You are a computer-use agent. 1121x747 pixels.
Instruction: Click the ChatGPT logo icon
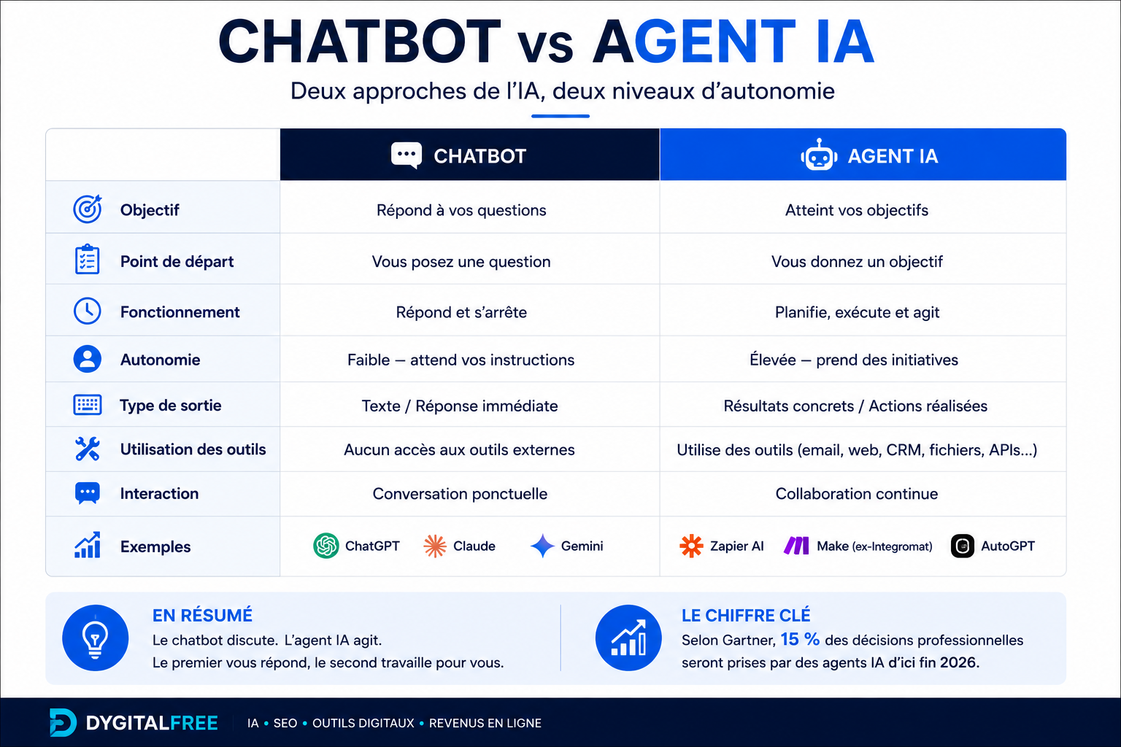tap(325, 546)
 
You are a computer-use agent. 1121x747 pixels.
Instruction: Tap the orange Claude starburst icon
tap(435, 546)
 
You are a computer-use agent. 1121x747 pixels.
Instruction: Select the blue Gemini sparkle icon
tap(542, 546)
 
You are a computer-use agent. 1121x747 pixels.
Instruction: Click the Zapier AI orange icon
tap(691, 546)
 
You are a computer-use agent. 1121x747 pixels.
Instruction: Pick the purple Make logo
tap(796, 546)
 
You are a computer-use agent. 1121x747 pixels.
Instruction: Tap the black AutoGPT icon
tap(963, 546)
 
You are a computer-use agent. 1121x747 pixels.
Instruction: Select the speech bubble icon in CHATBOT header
tap(407, 155)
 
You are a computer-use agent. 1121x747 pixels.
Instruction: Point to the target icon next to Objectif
tap(88, 209)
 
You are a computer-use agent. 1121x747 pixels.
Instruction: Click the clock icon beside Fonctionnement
tap(88, 311)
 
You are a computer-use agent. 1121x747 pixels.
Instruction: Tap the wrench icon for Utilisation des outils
tap(88, 449)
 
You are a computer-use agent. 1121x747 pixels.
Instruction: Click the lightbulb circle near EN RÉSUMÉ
tap(95, 638)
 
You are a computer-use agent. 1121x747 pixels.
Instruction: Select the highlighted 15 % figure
tap(800, 639)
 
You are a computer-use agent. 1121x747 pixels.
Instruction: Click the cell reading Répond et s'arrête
tap(461, 312)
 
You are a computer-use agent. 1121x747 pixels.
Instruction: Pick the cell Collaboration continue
tap(857, 494)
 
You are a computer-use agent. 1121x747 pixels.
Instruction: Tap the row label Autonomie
tap(160, 360)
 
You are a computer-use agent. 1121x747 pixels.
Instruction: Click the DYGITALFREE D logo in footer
tap(63, 722)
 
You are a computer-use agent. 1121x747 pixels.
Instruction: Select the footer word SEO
tap(285, 723)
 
